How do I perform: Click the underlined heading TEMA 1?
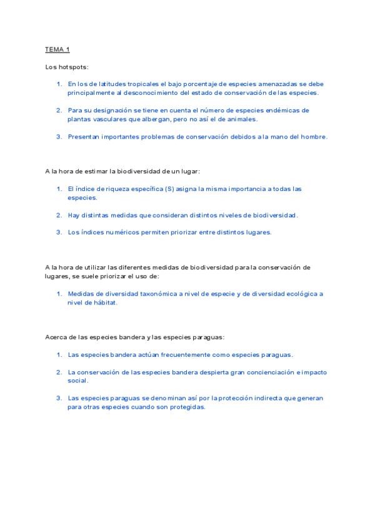pyautogui.click(x=57, y=49)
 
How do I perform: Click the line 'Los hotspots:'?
pyautogui.click(x=63, y=66)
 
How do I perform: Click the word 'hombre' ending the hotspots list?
pyautogui.click(x=313, y=137)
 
